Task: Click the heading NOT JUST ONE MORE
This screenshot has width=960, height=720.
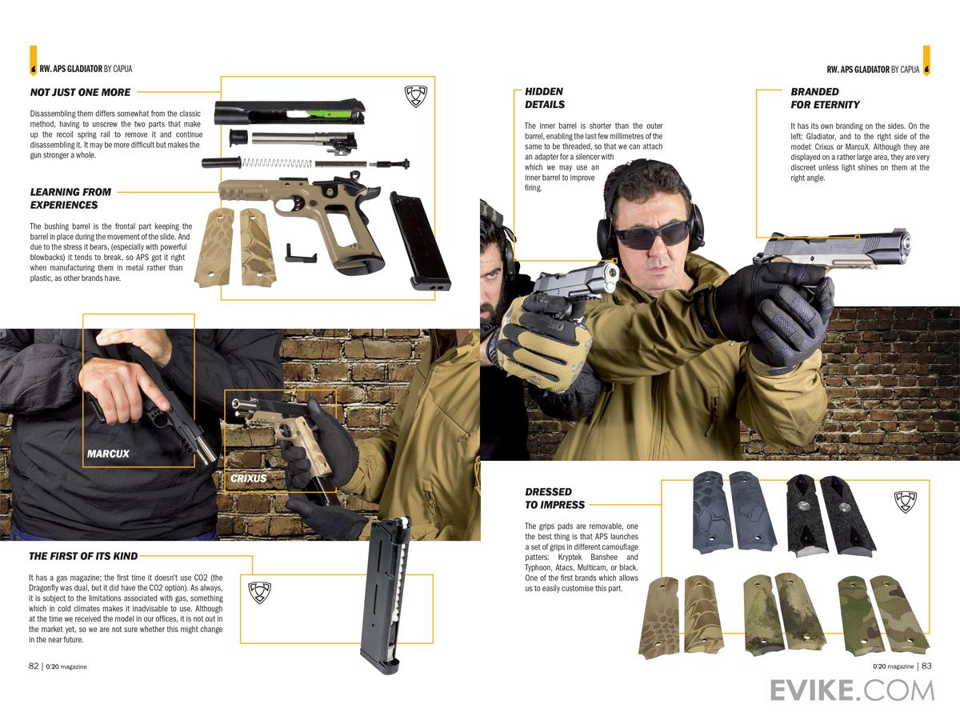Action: pyautogui.click(x=80, y=92)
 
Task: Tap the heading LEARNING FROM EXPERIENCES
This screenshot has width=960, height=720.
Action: pyautogui.click(x=70, y=198)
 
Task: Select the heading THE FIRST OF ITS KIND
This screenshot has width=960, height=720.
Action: pyautogui.click(x=83, y=556)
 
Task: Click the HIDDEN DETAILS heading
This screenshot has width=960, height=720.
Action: pyautogui.click(x=545, y=98)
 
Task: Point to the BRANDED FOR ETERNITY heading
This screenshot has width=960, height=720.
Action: pyautogui.click(x=825, y=98)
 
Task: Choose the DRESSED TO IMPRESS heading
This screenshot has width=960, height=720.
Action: pyautogui.click(x=554, y=498)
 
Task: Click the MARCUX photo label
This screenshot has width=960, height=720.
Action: pyautogui.click(x=108, y=454)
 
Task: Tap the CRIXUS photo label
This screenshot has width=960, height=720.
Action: pyautogui.click(x=249, y=478)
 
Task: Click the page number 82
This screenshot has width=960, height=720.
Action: pyautogui.click(x=34, y=666)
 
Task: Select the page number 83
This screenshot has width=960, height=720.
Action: pyautogui.click(x=926, y=666)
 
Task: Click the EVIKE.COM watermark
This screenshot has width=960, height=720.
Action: pyautogui.click(x=852, y=690)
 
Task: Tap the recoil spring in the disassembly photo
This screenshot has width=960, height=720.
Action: pyautogui.click(x=277, y=163)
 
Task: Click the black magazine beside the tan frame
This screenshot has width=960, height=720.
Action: pyautogui.click(x=420, y=242)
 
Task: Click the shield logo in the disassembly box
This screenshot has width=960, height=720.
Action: pyautogui.click(x=415, y=97)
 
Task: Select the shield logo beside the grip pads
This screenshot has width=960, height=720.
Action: pyautogui.click(x=906, y=502)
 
